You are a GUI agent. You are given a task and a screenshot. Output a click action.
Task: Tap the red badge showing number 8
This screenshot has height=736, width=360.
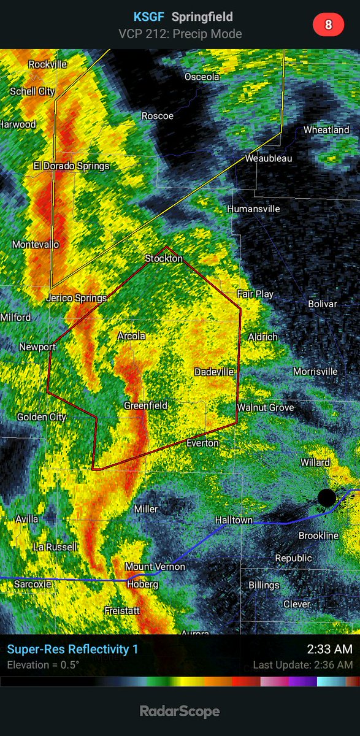[x=328, y=25]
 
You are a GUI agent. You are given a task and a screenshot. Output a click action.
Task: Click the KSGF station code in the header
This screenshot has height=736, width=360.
[x=148, y=17]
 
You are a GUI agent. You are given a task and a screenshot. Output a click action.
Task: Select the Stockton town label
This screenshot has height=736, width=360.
[x=164, y=259]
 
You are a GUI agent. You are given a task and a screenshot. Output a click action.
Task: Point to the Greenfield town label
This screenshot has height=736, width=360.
[x=145, y=405]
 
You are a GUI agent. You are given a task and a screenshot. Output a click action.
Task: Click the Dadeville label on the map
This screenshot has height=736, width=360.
[x=214, y=372]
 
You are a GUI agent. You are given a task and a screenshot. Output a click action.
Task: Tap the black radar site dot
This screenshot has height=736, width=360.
[x=327, y=497]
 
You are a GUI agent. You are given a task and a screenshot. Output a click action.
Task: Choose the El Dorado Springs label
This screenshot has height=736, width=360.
[x=72, y=166]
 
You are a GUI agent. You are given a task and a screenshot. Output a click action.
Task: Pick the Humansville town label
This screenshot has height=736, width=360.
[x=253, y=209]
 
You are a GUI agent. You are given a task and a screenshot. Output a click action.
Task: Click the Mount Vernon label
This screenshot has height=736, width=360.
[x=155, y=567]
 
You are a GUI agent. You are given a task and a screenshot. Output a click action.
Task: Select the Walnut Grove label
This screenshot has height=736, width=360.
[x=266, y=407]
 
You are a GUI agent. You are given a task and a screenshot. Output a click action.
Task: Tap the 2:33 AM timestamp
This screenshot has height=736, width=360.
[x=329, y=649]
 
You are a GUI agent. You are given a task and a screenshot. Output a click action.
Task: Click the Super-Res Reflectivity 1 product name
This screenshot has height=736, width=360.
[x=72, y=649]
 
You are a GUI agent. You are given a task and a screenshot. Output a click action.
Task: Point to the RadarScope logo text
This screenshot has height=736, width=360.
[x=180, y=711]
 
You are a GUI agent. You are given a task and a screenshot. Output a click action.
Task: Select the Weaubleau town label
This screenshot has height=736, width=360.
[x=269, y=158]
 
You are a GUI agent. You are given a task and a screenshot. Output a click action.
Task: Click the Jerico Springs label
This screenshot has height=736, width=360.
[x=77, y=298]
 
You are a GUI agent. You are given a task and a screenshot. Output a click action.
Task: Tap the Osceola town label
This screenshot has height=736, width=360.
[x=202, y=77]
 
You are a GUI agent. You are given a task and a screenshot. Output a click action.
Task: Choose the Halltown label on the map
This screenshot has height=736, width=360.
[x=234, y=520]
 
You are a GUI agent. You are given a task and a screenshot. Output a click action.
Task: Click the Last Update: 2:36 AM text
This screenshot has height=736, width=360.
[x=302, y=665]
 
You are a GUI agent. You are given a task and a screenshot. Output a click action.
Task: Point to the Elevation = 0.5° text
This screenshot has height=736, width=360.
[x=43, y=665]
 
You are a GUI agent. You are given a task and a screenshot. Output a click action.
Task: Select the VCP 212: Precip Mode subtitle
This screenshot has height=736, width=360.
[x=180, y=33]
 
